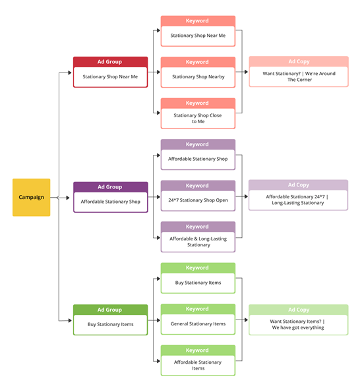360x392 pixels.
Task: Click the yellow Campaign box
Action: click(x=31, y=197)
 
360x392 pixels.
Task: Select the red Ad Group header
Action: click(x=110, y=62)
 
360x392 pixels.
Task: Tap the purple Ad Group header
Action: click(x=110, y=187)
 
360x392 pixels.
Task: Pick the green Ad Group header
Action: click(x=110, y=310)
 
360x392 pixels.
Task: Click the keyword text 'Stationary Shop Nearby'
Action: click(x=198, y=76)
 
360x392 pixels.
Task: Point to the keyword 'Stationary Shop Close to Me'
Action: click(x=198, y=119)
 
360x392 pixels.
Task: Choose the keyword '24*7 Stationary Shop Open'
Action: click(x=198, y=200)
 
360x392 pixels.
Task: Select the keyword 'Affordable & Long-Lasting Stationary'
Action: click(x=198, y=242)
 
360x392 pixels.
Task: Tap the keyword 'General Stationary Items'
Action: click(x=198, y=323)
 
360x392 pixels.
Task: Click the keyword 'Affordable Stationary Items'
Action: click(x=198, y=365)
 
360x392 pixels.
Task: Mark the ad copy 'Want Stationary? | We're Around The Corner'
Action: click(x=299, y=76)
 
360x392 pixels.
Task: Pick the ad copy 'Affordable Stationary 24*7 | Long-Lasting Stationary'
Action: click(x=297, y=200)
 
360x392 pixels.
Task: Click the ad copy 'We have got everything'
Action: click(x=298, y=327)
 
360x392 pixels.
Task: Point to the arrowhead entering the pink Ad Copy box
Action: click(x=246, y=72)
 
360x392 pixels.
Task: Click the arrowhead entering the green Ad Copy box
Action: click(x=246, y=320)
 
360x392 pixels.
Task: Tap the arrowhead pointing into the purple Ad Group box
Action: click(x=68, y=198)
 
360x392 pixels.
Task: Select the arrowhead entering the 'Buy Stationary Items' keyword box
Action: click(x=158, y=279)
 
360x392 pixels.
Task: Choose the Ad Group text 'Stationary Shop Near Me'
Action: click(x=110, y=76)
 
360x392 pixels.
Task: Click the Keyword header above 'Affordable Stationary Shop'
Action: click(x=198, y=144)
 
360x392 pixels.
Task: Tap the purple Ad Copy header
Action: click(x=298, y=184)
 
